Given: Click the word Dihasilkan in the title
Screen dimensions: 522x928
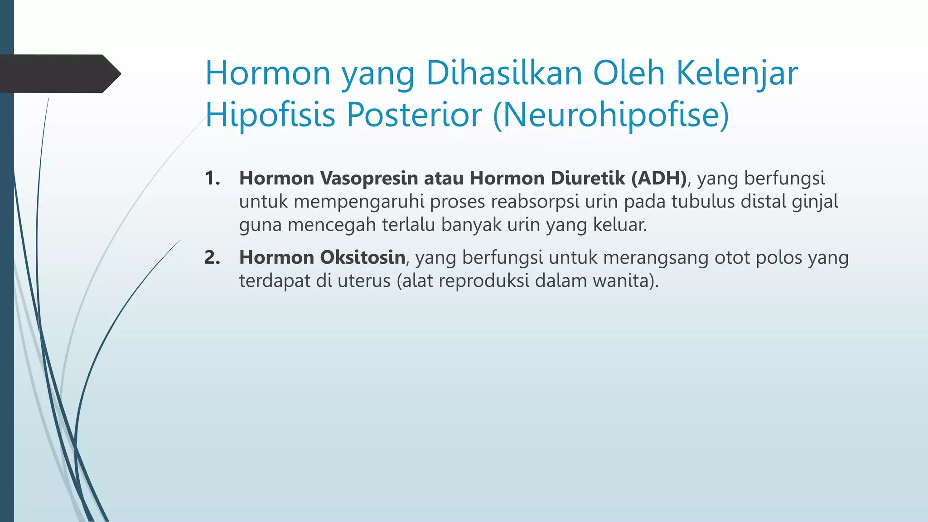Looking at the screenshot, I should tap(504, 73).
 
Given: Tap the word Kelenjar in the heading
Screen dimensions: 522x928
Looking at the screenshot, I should tap(737, 73).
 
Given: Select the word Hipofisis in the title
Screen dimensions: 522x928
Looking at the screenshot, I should tap(270, 115).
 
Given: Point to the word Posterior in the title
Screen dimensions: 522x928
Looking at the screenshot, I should tap(414, 115).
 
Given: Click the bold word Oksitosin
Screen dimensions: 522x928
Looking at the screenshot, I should tap(362, 257).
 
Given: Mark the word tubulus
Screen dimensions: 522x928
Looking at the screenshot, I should tap(703, 202).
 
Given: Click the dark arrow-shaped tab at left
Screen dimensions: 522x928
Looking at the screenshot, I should tap(59, 73).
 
